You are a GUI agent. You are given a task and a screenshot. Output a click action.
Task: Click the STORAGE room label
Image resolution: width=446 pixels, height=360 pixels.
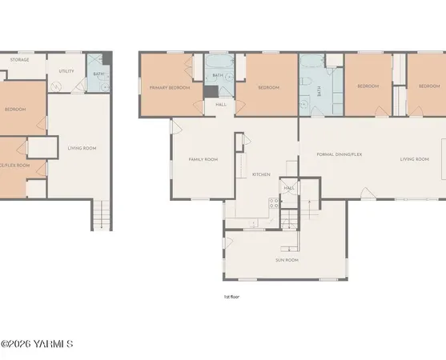pyautogui.click(x=20, y=58)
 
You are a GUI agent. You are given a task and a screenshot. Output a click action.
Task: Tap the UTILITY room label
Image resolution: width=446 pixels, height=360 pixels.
pyautogui.click(x=66, y=71)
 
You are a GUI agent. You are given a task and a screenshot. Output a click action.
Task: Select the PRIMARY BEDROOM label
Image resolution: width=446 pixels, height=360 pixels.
pyautogui.click(x=169, y=86)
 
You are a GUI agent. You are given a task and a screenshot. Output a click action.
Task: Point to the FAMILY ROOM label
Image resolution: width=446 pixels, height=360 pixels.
pyautogui.click(x=203, y=159)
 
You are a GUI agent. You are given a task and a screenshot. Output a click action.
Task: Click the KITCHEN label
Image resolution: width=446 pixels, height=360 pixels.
pyautogui.click(x=261, y=174)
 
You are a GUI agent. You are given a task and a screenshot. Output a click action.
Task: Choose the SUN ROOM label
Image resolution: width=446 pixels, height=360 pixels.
pyautogui.click(x=287, y=260)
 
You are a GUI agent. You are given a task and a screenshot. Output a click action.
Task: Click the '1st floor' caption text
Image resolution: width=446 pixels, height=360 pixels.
pyautogui.click(x=231, y=297)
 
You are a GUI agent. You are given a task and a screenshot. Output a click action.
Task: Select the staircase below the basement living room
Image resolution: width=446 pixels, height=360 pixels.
pyautogui.click(x=101, y=214)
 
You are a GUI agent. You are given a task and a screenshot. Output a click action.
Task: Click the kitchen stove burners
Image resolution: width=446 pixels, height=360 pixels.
pyautogui.click(x=274, y=203)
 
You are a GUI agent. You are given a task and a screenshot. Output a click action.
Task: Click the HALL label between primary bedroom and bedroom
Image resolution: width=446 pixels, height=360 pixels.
pyautogui.click(x=220, y=104)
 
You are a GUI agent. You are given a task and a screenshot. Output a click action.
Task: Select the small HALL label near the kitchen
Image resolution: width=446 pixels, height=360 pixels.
pyautogui.click(x=288, y=188)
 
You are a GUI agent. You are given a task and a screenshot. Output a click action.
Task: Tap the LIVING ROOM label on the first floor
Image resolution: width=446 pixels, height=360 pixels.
pyautogui.click(x=415, y=159)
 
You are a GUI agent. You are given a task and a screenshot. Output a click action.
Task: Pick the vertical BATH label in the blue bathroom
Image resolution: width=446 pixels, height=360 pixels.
pyautogui.click(x=319, y=92)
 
